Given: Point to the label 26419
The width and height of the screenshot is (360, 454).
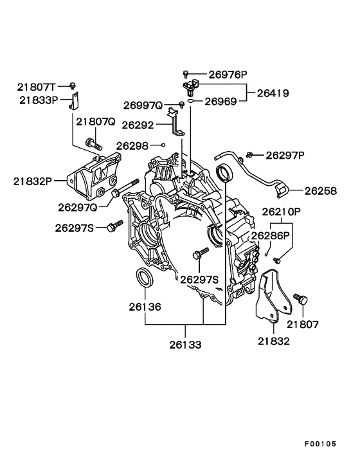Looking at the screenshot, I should (272, 93).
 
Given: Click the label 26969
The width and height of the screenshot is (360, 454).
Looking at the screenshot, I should (222, 101).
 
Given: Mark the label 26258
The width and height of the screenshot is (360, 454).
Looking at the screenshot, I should (321, 190).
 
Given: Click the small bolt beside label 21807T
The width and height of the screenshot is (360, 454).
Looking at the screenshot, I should (73, 85).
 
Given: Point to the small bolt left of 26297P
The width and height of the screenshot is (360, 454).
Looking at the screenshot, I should (250, 154).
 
